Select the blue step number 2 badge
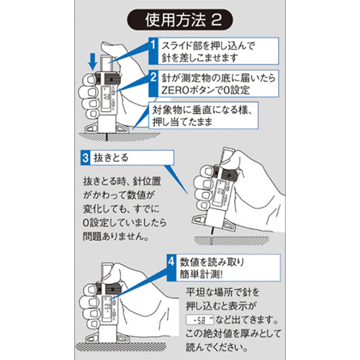[153, 76]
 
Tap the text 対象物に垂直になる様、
[207, 109]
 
